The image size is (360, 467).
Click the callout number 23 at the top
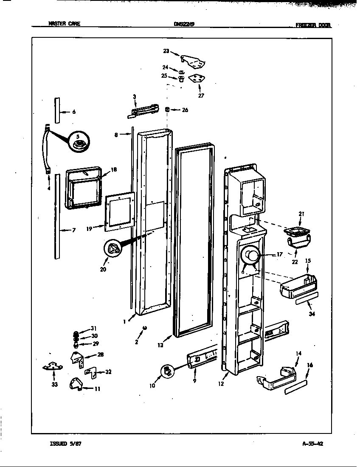166,51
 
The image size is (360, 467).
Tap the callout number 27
201,96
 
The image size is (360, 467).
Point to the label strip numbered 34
306,302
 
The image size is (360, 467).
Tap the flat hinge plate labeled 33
54,366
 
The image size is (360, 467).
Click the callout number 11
97,388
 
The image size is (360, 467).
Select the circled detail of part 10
168,371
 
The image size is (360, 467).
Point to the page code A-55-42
313,444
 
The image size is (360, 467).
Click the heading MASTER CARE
64,24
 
